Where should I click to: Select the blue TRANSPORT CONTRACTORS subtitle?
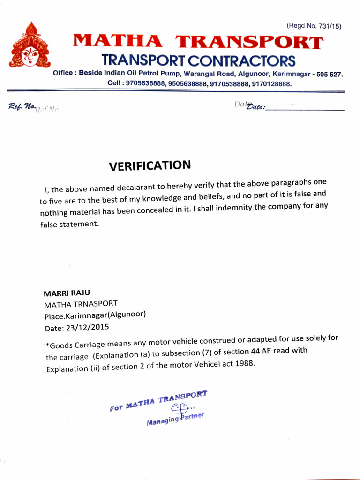[x=199, y=60]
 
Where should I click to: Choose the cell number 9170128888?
[x=271, y=84]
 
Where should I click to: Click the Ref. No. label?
[x=22, y=107]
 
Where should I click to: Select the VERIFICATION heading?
[x=150, y=165]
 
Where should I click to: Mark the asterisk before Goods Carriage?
[x=47, y=346]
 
